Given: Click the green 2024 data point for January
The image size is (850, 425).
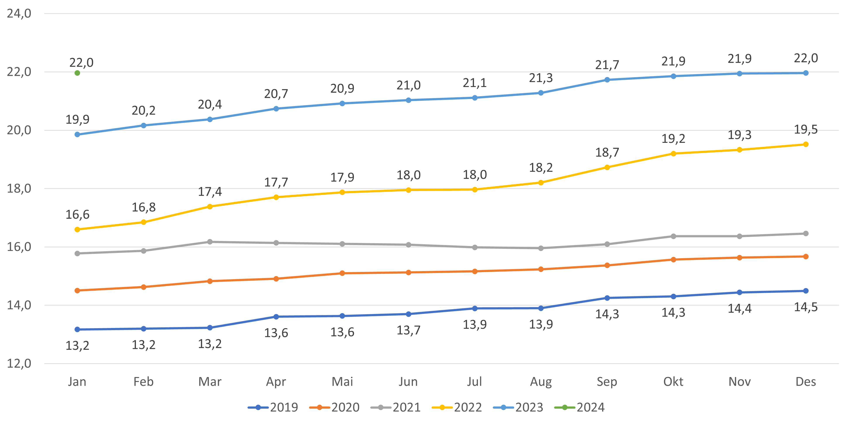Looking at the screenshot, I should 77,73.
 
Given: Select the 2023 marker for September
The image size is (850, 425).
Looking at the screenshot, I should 607,80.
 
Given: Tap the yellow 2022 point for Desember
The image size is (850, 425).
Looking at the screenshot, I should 806,144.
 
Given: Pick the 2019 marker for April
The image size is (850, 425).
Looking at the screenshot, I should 276,317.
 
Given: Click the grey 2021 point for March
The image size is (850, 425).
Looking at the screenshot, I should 210,242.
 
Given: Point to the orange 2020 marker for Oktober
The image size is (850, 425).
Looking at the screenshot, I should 673,260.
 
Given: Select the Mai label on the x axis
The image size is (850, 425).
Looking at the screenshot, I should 342,382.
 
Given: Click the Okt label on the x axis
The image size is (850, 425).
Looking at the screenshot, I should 673,382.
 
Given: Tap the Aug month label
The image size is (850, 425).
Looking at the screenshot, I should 541,382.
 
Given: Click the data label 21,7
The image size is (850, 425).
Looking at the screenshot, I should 607,65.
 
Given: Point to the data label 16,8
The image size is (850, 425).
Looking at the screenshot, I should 143,207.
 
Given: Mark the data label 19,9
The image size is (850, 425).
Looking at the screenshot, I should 77,119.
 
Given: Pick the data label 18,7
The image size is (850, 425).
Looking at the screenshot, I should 607,152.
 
